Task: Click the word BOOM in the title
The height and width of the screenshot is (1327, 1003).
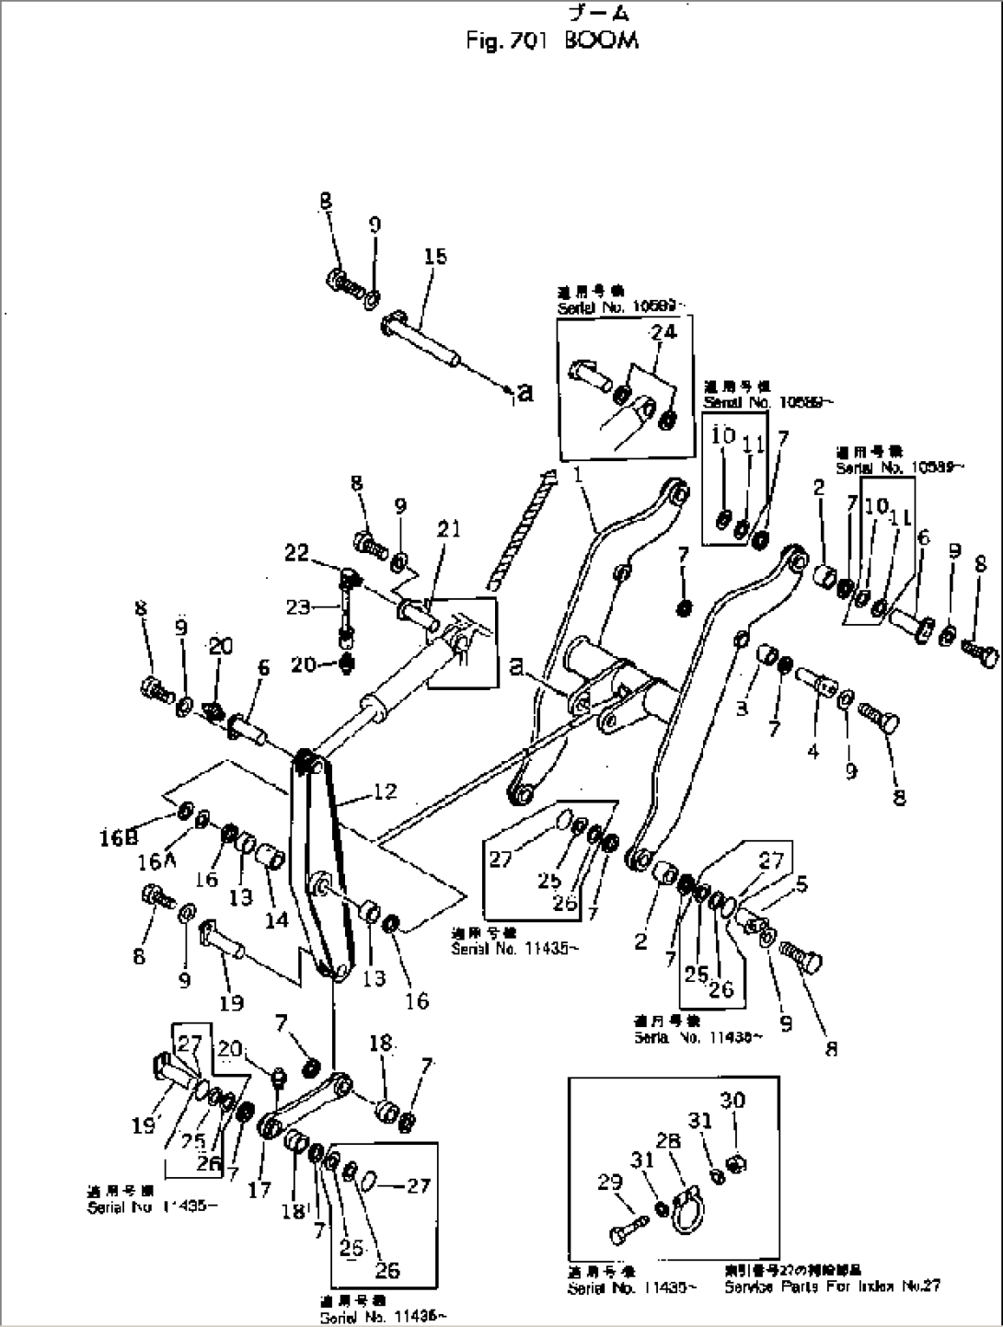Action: [x=604, y=41]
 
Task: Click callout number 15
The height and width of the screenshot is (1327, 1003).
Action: [x=434, y=257]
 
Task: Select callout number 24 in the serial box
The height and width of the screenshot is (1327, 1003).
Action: [x=663, y=331]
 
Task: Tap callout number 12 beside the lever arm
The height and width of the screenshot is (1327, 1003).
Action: [x=385, y=790]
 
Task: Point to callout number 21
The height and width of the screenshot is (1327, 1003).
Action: [x=449, y=529]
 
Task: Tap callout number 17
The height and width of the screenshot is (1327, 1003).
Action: [x=259, y=1189]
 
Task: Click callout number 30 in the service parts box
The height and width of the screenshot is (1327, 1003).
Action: [x=732, y=1101]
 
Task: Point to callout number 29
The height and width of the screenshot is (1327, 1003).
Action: [x=611, y=1183]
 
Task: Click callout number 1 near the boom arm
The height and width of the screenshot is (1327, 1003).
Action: [x=577, y=476]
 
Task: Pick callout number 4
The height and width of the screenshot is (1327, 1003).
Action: [x=813, y=752]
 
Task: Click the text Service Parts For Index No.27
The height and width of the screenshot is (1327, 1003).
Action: [x=832, y=1286]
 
